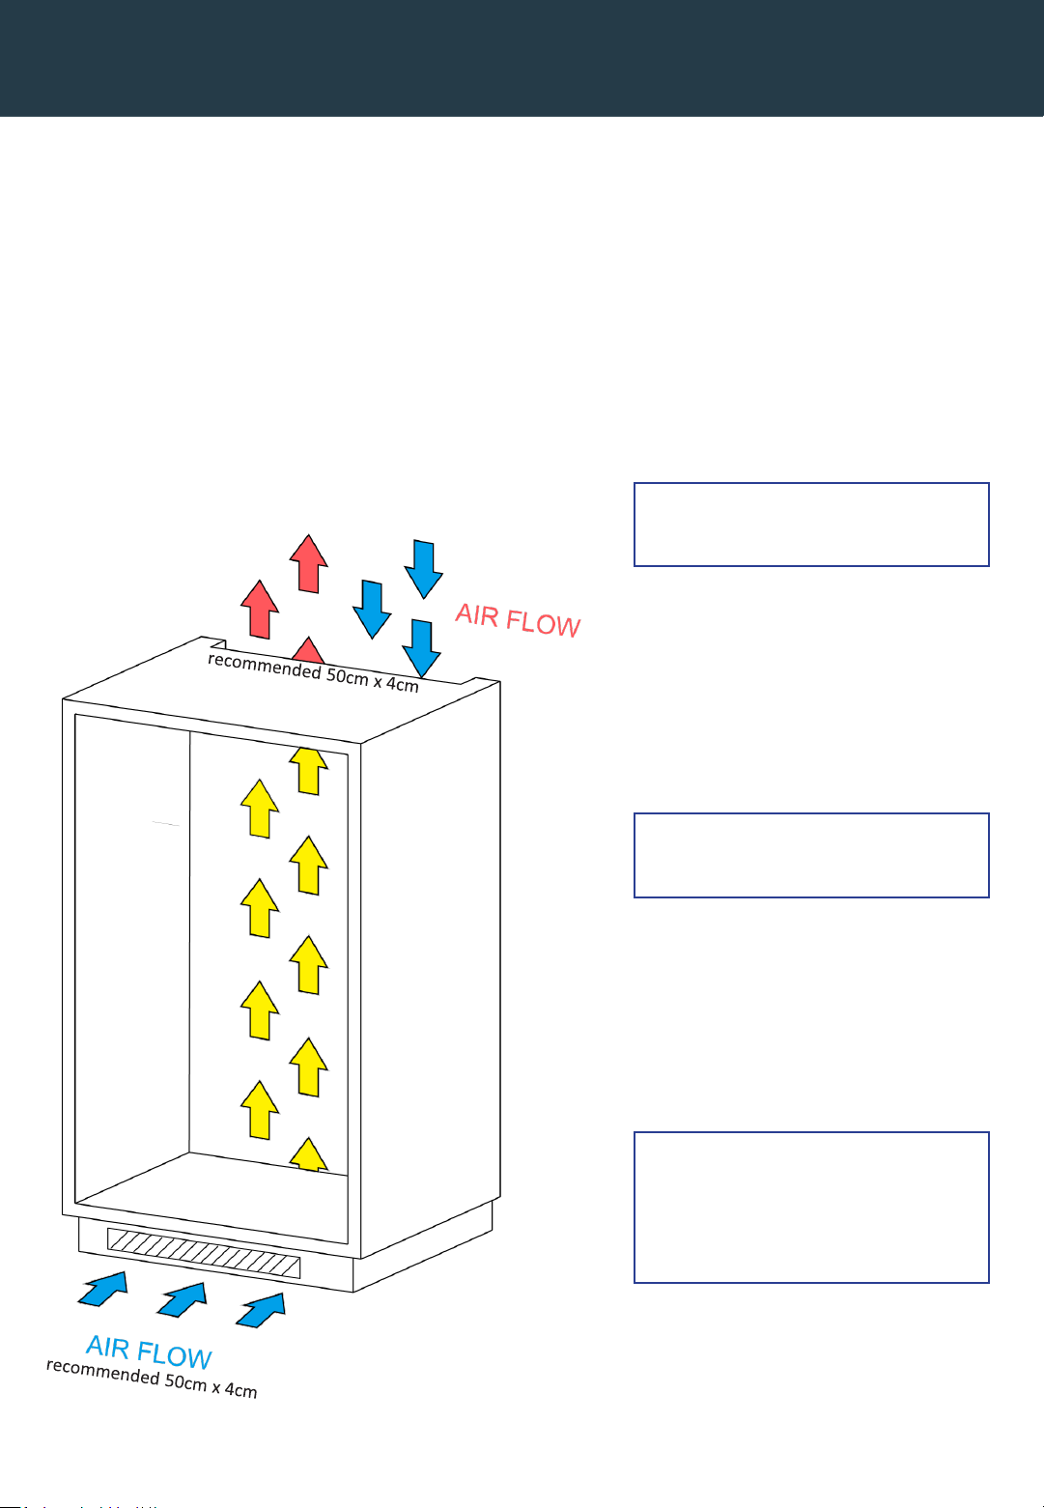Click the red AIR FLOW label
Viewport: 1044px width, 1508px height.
pos(518,619)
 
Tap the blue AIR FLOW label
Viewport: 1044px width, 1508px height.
pos(149,1351)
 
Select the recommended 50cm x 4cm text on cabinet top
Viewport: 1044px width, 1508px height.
pos(313,671)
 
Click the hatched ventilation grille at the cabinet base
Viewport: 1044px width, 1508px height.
pos(204,1253)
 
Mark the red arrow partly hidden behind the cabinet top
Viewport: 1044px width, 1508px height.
pos(308,650)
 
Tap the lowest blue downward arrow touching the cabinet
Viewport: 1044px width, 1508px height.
pos(421,648)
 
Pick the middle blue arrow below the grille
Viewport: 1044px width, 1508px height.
pos(183,1299)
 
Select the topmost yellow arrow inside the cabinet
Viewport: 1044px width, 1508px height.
pos(308,771)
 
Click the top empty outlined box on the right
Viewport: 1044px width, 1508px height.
pos(811,525)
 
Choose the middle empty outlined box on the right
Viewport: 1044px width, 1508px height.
pos(811,855)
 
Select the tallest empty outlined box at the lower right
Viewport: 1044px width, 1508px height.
pos(811,1207)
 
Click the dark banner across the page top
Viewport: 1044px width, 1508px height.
pos(522,58)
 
